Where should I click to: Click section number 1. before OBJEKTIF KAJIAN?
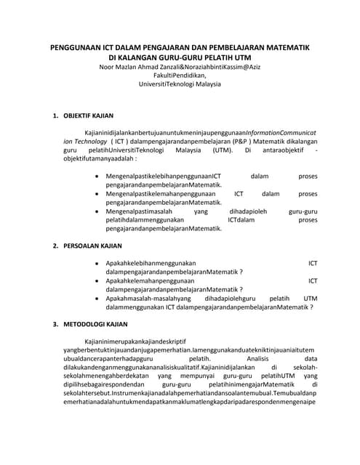(56, 116)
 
